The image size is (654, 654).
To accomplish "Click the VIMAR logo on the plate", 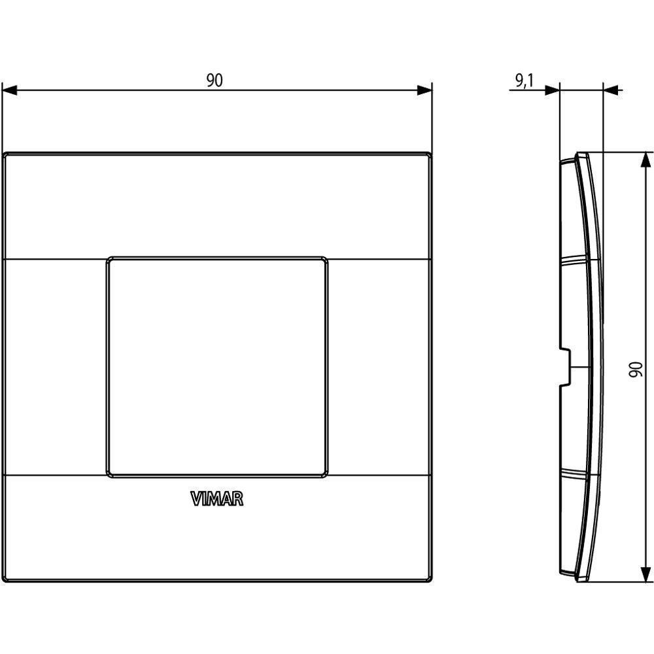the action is coord(217,499).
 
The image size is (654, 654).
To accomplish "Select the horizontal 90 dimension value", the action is coord(215,80).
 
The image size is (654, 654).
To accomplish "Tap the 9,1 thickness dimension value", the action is coord(525,81).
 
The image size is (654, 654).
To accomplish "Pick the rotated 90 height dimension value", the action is coord(636,370).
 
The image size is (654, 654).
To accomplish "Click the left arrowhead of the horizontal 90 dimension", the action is coord(10,90).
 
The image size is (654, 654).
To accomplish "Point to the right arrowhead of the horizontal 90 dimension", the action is coord(424,90).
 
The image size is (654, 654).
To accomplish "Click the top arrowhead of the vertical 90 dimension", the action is coord(645,160).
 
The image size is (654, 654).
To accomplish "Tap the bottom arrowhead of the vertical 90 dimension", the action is coord(645,574).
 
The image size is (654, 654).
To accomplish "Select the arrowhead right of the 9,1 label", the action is coord(552,90).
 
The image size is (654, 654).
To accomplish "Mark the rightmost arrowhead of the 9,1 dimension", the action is coord(611,90).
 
